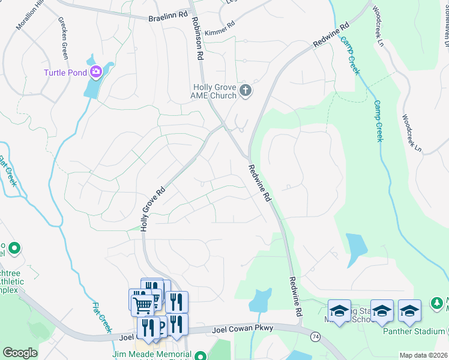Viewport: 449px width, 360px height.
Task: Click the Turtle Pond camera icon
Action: [x=95, y=73]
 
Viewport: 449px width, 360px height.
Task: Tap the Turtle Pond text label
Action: [x=65, y=73]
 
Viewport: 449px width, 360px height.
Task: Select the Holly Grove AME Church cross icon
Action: [x=245, y=91]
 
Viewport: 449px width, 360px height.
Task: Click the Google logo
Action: [x=20, y=352]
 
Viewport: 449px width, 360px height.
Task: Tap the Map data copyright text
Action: [x=423, y=355]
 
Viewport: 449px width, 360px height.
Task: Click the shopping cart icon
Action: [x=142, y=304]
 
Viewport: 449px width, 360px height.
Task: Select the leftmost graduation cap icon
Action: [x=339, y=310]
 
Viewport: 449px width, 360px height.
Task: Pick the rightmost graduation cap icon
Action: [x=409, y=310]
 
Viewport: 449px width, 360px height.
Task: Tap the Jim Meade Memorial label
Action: [x=162, y=355]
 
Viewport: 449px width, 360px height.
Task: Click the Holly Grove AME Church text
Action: [x=214, y=91]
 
